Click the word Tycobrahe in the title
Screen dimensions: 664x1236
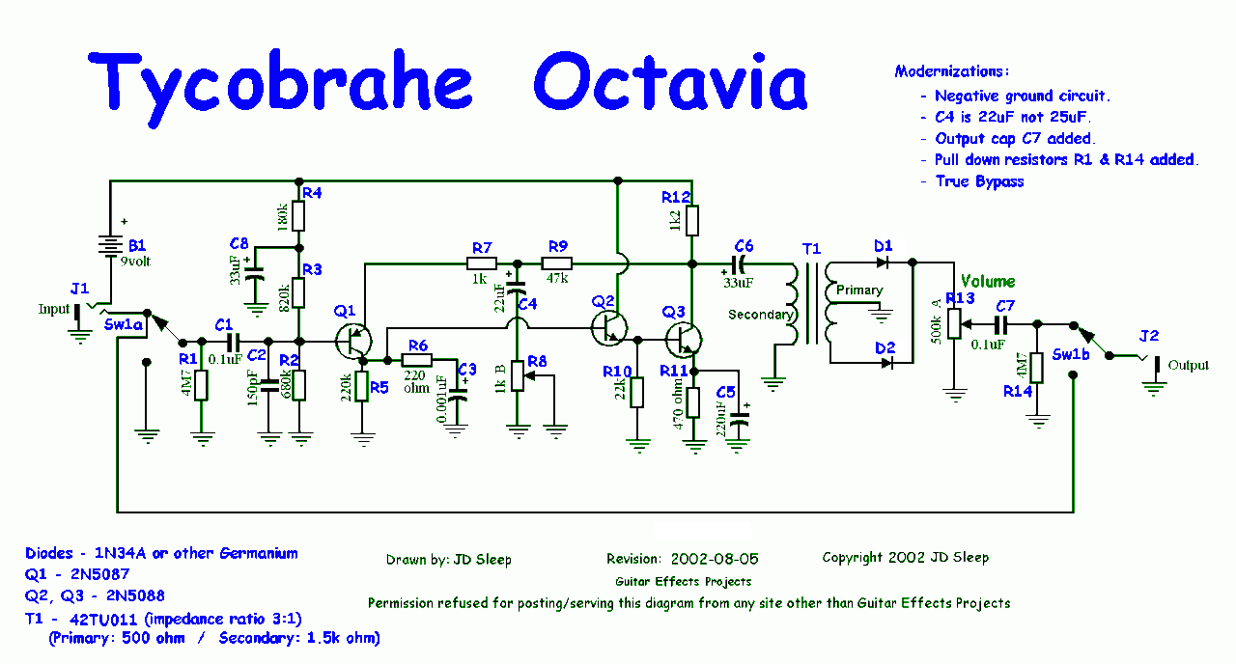click(280, 81)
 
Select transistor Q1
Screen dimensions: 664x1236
click(355, 340)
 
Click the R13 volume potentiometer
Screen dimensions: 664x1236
click(955, 322)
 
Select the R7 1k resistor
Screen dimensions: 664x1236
click(482, 263)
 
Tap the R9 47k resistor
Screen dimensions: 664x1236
click(557, 263)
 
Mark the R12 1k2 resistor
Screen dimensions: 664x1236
click(691, 221)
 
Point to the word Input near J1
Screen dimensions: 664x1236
click(54, 309)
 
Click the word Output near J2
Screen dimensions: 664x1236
click(1188, 366)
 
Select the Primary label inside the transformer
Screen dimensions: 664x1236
click(859, 290)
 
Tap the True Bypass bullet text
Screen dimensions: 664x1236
click(979, 181)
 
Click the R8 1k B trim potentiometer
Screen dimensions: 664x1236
click(520, 374)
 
